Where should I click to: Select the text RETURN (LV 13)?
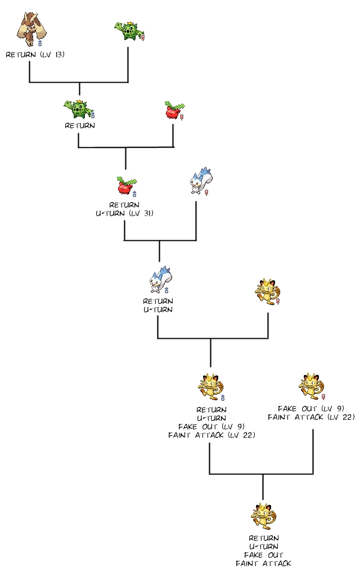point(34,55)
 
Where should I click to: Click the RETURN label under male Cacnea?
point(80,126)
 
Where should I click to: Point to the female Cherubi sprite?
point(173,110)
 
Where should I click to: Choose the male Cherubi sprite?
point(126,183)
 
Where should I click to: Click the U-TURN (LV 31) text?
point(124,213)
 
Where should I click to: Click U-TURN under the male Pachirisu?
point(158,309)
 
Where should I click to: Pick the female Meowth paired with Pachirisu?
point(266,291)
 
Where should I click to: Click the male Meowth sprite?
point(210,387)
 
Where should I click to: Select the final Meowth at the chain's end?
point(263,516)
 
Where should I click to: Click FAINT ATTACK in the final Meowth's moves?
point(263,563)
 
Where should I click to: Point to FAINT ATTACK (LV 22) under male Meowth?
point(211,435)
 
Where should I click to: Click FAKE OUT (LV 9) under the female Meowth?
point(311,408)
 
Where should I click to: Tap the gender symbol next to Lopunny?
point(40,43)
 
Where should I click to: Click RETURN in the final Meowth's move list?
point(263,538)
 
